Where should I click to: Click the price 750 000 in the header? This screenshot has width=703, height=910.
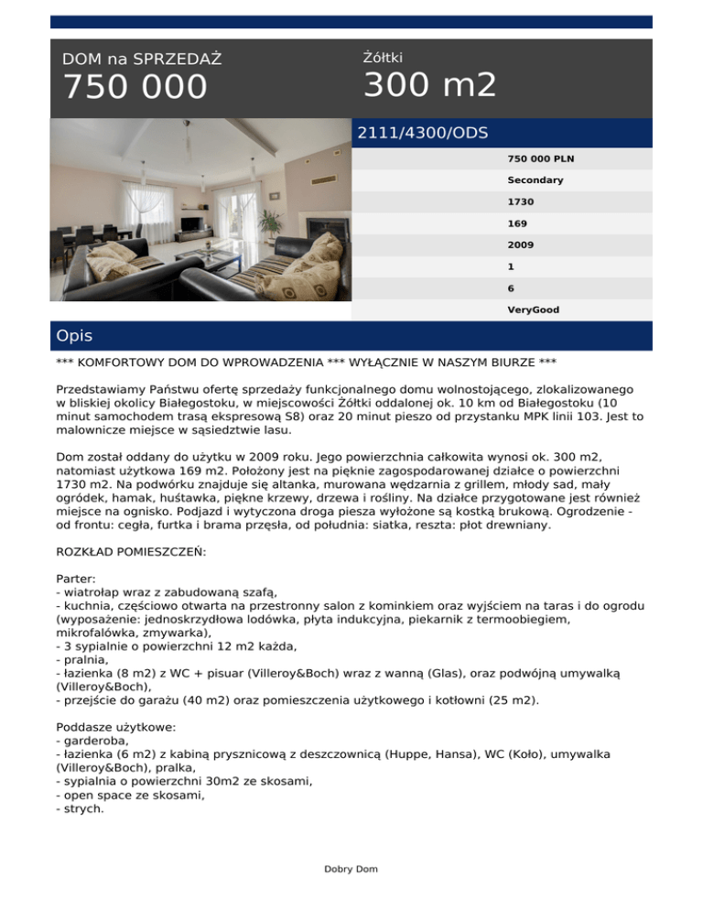[x=135, y=88]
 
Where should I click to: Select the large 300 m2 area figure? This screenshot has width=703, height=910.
[x=430, y=86]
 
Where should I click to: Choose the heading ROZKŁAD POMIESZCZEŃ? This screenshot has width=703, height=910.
[x=131, y=553]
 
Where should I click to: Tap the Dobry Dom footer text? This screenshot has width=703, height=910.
[x=351, y=869]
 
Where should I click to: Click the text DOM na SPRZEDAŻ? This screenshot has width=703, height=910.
[x=142, y=60]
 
